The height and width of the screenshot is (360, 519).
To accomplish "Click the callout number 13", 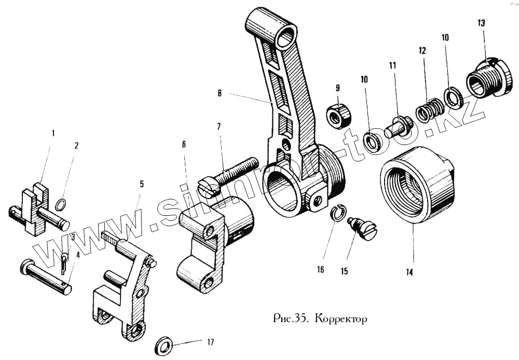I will (x=482, y=23).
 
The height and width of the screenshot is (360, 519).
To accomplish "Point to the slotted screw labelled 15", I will (x=363, y=229).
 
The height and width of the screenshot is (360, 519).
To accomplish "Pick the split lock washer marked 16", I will (x=337, y=213).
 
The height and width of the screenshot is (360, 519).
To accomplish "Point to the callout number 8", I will (x=220, y=93).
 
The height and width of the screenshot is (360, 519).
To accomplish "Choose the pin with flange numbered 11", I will (x=398, y=126).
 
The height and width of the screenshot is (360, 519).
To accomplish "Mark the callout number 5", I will (x=142, y=184).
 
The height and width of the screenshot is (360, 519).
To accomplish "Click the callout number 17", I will (x=210, y=342).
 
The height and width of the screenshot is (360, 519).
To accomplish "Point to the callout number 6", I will (x=184, y=145).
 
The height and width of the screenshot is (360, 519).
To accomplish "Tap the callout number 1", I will (x=52, y=133).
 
